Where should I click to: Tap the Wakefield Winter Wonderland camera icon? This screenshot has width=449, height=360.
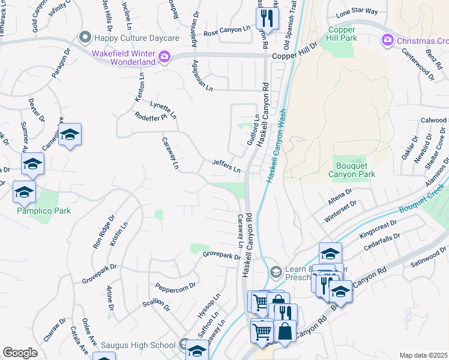click(x=164, y=57)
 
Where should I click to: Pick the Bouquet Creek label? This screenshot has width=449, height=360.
click(x=423, y=203)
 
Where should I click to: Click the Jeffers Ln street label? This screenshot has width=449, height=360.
click(x=226, y=166)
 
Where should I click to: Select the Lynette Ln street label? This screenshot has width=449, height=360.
click(x=163, y=109)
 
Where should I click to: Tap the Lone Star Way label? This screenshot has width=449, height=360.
click(x=357, y=11)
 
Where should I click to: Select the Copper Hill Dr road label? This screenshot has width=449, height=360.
click(x=294, y=52)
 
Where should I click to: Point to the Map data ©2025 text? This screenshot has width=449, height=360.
click(x=424, y=355)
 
